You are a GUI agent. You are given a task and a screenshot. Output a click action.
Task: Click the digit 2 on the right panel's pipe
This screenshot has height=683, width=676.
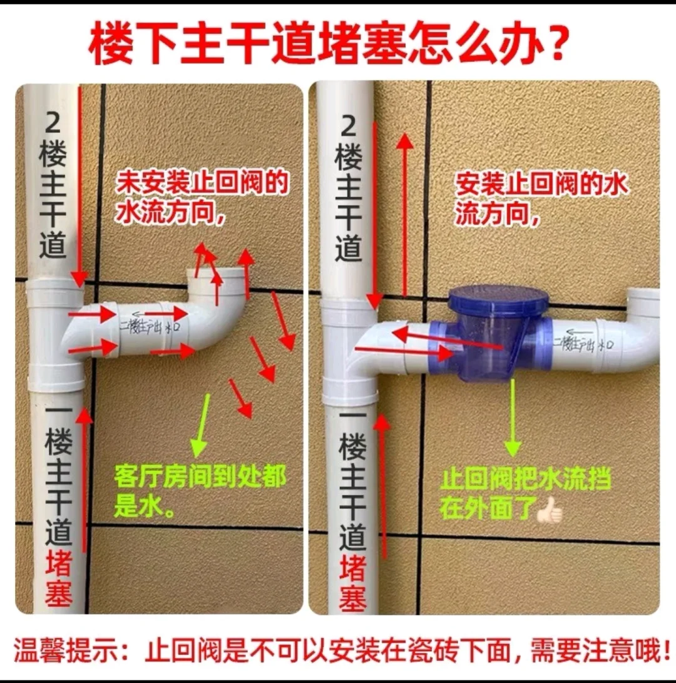click(x=349, y=128)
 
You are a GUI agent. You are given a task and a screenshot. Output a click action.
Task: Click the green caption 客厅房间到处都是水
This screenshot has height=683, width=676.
click(x=199, y=491)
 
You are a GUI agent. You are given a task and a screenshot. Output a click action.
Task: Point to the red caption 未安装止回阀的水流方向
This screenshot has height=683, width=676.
click(x=202, y=197)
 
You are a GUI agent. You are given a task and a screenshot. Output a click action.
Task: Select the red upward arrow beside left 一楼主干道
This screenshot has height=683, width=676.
click(x=84, y=482)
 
